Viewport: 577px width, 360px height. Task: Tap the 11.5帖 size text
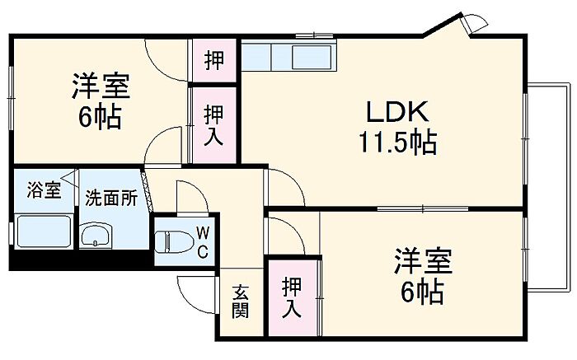click(x=397, y=144)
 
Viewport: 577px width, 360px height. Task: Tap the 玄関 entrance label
click(x=240, y=301)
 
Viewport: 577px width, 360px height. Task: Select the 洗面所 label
click(x=111, y=199)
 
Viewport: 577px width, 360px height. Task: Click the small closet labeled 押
click(x=213, y=61)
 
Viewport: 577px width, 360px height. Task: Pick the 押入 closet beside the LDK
click(x=213, y=124)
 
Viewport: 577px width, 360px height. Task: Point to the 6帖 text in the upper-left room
click(x=101, y=117)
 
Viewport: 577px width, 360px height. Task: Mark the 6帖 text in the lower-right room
click(x=422, y=292)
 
